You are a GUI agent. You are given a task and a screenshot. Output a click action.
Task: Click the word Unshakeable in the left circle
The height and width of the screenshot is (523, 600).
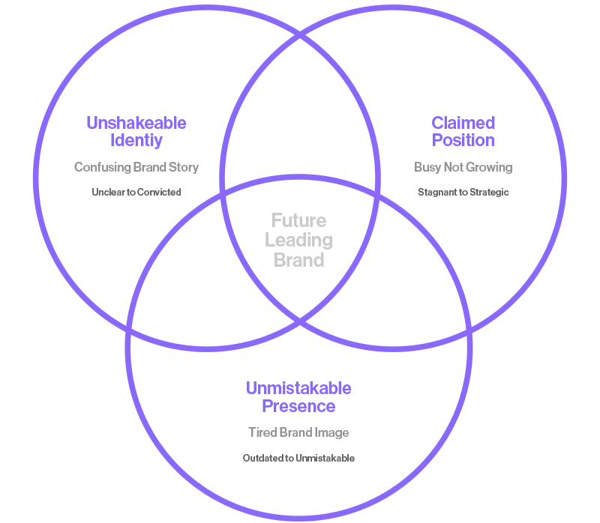click(x=136, y=123)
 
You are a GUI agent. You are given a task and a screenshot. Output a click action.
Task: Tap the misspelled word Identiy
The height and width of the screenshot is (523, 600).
click(x=136, y=140)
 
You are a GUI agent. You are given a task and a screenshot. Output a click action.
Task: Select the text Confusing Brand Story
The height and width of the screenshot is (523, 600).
click(x=136, y=167)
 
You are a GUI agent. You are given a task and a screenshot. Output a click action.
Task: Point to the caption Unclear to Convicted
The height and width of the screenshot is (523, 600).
click(x=136, y=192)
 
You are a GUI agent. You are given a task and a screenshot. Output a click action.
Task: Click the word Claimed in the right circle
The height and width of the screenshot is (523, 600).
click(x=463, y=123)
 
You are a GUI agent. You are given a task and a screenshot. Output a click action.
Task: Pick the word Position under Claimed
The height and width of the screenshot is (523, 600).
click(x=463, y=140)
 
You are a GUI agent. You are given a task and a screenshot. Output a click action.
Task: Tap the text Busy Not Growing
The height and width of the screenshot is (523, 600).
click(x=463, y=167)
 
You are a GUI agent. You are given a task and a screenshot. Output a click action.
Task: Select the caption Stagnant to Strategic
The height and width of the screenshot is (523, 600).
click(x=463, y=192)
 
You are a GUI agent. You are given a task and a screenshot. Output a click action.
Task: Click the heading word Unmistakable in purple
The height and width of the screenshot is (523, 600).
click(x=298, y=388)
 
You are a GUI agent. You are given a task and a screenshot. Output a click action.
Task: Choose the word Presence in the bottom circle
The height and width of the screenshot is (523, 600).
click(x=298, y=406)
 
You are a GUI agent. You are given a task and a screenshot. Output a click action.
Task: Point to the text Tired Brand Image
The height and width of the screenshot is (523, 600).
click(x=298, y=432)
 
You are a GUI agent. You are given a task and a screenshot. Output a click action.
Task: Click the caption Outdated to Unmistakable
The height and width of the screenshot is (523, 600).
click(x=298, y=458)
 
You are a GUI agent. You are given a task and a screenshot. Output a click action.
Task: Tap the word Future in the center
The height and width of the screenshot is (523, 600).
click(x=298, y=221)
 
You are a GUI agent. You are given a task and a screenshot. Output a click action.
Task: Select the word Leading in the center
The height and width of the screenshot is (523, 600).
click(x=298, y=241)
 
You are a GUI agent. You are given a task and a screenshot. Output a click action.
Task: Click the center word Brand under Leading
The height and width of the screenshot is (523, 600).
click(x=298, y=260)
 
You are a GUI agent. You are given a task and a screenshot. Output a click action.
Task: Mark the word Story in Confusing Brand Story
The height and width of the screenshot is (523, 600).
click(x=184, y=167)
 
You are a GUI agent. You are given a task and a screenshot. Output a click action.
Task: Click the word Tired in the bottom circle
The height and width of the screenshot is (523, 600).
click(x=262, y=432)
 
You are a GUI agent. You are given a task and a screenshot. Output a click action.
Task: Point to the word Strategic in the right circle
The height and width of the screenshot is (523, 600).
click(x=489, y=192)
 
